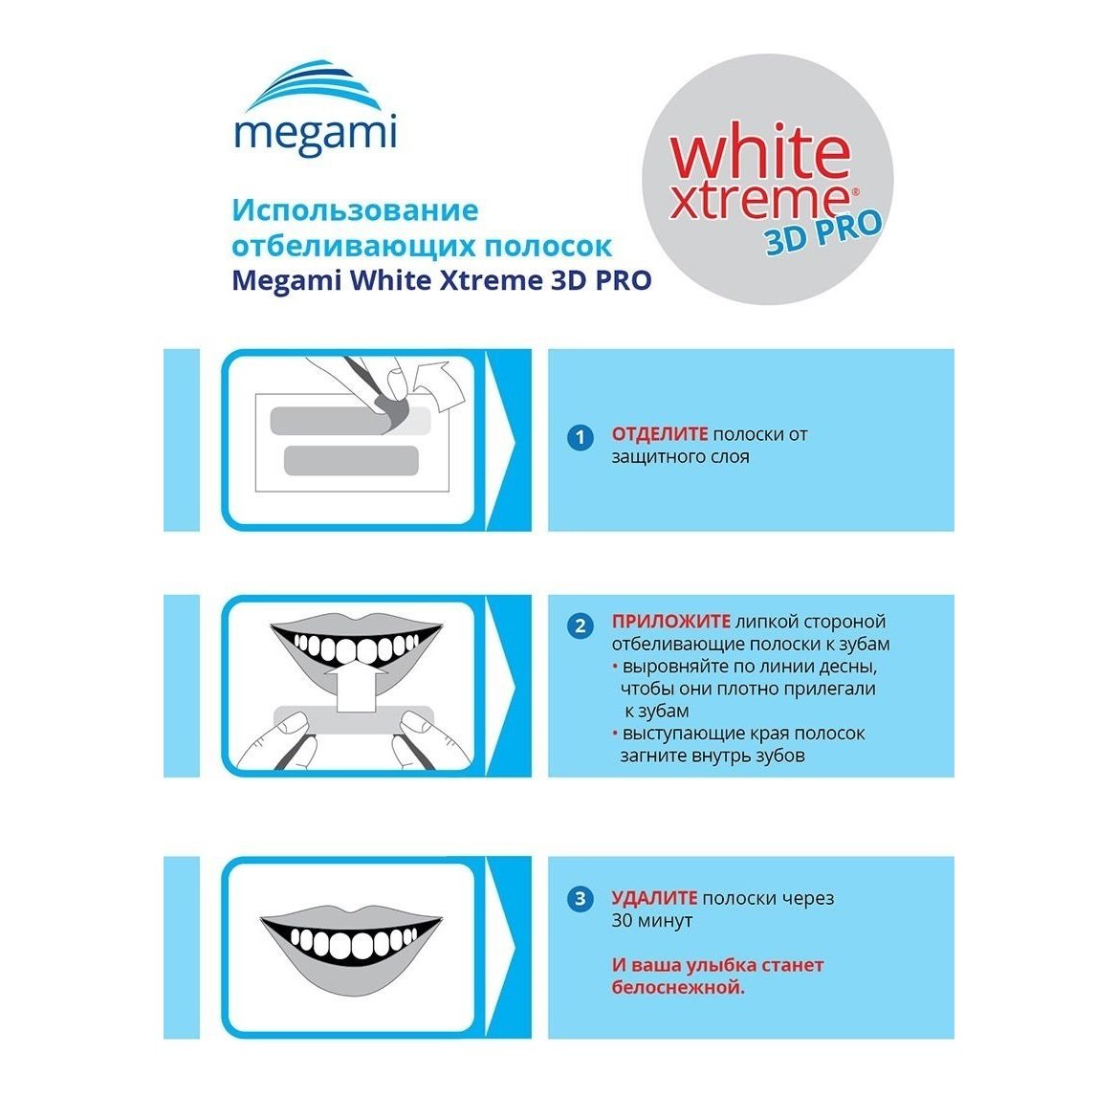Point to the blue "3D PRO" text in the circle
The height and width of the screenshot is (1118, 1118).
[823, 232]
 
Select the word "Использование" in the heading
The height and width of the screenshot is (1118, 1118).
[355, 210]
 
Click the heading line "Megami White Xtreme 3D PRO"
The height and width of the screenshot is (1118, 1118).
[441, 280]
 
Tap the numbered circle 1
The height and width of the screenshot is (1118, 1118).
[581, 437]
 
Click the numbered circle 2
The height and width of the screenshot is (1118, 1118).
[581, 626]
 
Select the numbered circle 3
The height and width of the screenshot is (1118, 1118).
[581, 898]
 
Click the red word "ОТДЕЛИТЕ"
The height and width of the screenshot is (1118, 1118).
[660, 434]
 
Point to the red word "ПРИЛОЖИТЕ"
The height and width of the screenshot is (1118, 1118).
[671, 622]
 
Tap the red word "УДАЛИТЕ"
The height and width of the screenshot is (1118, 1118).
[654, 898]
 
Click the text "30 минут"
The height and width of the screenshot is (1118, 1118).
[651, 920]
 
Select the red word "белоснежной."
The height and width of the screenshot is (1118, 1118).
[678, 988]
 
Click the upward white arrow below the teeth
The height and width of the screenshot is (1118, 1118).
[356, 686]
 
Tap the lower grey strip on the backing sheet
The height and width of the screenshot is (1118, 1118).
[351, 461]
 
